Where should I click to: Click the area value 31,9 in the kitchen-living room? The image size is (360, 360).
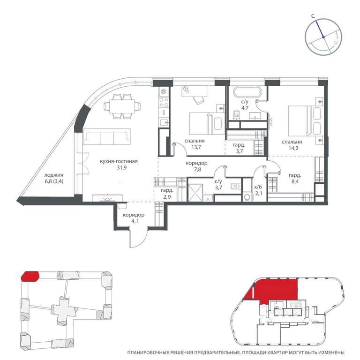(122, 168)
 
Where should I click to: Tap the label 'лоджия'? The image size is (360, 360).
(53, 175)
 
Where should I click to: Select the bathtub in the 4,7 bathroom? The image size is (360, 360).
(247, 92)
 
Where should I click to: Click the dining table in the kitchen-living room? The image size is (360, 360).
(122, 106)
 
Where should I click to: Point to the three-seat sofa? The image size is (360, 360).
(107, 136)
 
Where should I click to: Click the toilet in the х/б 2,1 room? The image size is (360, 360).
(247, 196)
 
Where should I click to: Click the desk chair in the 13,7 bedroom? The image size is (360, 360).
(199, 100)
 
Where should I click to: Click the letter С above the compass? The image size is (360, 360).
(313, 16)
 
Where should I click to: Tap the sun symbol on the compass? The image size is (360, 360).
(336, 43)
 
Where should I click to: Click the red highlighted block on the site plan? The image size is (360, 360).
(30, 276)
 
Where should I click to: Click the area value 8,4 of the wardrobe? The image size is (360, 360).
(295, 181)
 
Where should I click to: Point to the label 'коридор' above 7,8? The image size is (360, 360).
(196, 163)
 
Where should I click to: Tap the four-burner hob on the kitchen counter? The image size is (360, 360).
(164, 102)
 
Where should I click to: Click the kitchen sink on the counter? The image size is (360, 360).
(164, 123)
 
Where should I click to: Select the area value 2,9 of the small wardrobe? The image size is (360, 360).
(167, 196)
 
